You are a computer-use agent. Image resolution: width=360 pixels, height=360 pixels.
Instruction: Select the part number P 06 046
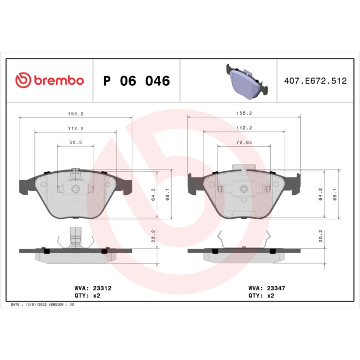[137, 81]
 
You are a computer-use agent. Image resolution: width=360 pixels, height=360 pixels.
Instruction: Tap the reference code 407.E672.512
[315, 81]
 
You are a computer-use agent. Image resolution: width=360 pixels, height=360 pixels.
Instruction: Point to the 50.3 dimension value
[76, 142]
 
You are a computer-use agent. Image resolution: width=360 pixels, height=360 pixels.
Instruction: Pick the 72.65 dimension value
[244, 142]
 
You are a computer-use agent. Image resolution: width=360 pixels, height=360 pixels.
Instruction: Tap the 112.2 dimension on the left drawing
[76, 128]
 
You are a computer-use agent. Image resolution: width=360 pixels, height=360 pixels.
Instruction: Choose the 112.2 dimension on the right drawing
[244, 128]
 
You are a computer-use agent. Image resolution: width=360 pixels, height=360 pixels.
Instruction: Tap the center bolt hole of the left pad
[76, 189]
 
